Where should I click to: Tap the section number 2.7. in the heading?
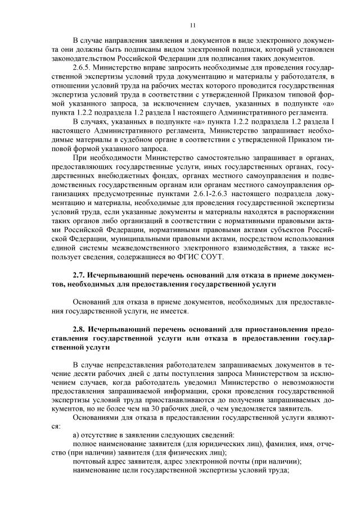[x=82, y=276]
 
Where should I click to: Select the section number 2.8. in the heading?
[x=82, y=328]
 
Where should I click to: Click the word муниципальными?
[x=131, y=239]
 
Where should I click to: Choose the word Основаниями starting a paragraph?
[x=97, y=418]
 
